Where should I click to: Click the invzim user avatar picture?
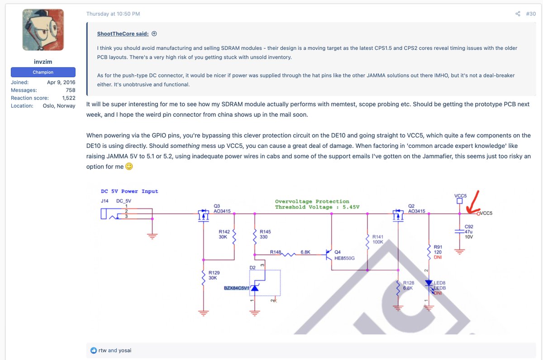point(43,30)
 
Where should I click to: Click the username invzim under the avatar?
point(43,61)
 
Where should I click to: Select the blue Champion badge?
point(43,72)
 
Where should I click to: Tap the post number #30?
point(531,14)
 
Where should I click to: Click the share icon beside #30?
point(518,14)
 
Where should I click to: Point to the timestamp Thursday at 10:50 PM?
point(113,14)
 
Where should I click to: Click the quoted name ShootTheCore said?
point(123,34)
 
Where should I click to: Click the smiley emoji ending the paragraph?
point(129,166)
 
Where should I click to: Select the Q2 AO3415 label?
point(416,208)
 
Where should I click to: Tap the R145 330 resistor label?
point(265,234)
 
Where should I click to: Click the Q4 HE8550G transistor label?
point(343,255)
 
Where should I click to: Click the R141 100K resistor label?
point(378,239)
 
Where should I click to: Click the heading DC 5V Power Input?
point(129,191)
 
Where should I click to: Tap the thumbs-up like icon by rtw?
point(94,350)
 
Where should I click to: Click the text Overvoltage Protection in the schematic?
point(312,201)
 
